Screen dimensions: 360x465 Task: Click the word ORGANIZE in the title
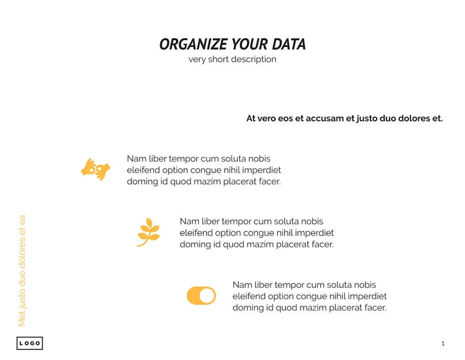point(193,44)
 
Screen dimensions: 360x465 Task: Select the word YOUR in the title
point(250,44)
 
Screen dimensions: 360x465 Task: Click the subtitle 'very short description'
point(232,59)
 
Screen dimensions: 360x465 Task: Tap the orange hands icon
point(95,169)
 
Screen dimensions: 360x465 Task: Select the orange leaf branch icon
point(148,232)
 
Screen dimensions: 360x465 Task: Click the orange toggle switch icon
point(201,296)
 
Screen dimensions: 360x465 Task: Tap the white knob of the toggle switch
point(207,296)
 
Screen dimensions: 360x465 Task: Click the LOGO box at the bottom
point(29,343)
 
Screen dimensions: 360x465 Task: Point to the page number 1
point(443,343)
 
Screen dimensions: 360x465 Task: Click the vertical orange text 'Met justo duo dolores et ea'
point(22,270)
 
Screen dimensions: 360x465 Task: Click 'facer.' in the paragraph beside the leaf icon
point(321,244)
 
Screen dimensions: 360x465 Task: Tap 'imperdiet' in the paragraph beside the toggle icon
point(367,296)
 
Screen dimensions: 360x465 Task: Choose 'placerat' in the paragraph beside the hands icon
point(238,182)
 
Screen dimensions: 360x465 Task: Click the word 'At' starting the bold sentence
point(251,118)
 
